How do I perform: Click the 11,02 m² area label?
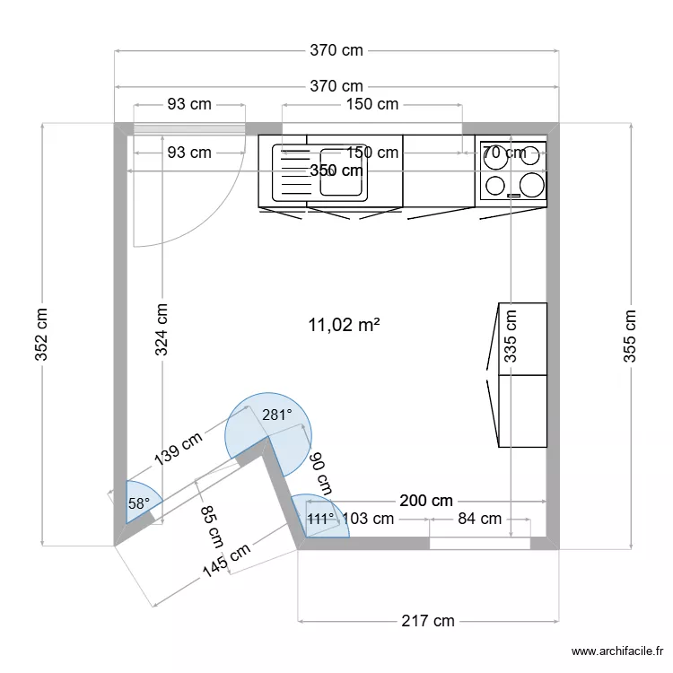tap(343, 325)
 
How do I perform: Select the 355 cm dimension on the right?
tap(630, 336)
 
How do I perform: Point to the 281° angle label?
tap(277, 415)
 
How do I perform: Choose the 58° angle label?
tap(138, 504)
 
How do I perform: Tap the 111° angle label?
tap(320, 519)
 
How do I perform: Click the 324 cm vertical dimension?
tap(162, 329)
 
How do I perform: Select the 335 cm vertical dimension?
tap(511, 336)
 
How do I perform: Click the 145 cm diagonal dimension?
tap(226, 564)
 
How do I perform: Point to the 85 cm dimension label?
tap(212, 529)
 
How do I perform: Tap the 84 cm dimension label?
tap(479, 519)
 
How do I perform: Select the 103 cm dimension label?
tap(369, 519)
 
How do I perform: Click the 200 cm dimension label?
tap(426, 501)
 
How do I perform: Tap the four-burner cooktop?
tap(512, 170)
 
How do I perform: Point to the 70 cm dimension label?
tap(504, 153)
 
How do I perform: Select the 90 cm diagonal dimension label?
tap(320, 473)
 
